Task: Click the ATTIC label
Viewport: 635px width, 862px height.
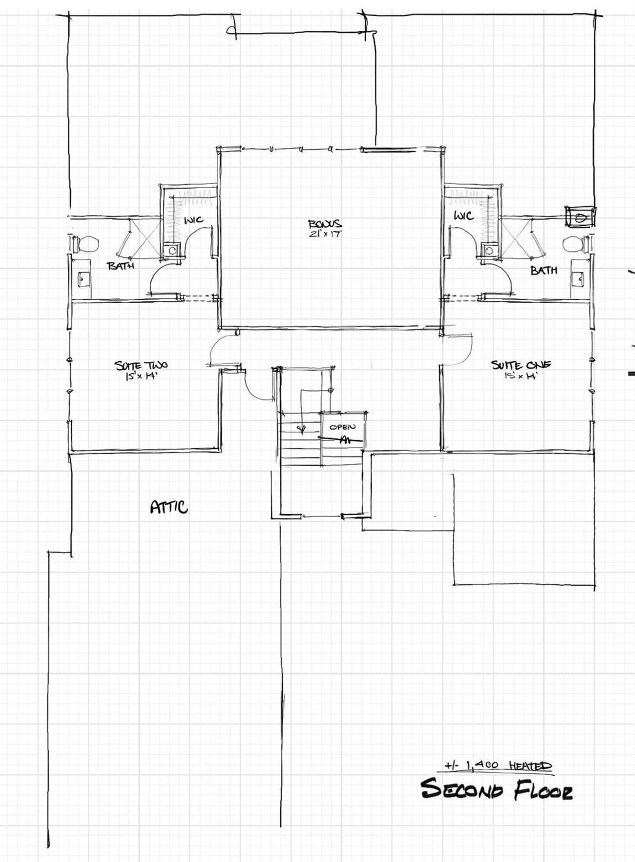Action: pyautogui.click(x=169, y=507)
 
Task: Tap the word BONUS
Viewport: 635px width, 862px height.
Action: pyautogui.click(x=324, y=224)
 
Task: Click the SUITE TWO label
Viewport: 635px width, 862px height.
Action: pyautogui.click(x=141, y=366)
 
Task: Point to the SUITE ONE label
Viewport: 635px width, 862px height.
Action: pyautogui.click(x=521, y=365)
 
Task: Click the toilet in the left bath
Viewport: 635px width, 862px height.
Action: pyautogui.click(x=87, y=244)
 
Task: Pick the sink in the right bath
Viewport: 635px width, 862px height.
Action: pyautogui.click(x=578, y=279)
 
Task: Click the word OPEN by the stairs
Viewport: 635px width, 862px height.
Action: pyautogui.click(x=342, y=426)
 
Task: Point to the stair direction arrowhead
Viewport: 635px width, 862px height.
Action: pyautogui.click(x=300, y=428)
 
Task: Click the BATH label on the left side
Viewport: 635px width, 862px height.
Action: pyautogui.click(x=121, y=266)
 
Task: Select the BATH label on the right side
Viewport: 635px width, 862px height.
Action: pyautogui.click(x=544, y=270)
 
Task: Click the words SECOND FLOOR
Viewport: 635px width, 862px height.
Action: pyautogui.click(x=497, y=790)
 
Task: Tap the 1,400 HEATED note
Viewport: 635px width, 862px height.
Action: pyautogui.click(x=498, y=766)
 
